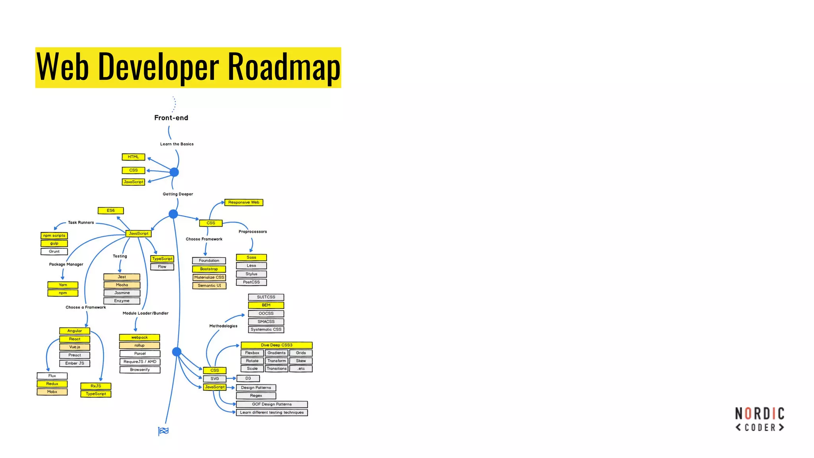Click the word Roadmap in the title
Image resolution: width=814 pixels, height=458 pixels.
[284, 67]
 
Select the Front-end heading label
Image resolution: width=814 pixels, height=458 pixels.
[171, 118]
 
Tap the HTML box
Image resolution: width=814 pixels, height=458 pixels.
[133, 157]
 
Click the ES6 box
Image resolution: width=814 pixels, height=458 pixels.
[110, 210]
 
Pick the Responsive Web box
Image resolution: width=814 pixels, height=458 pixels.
[244, 202]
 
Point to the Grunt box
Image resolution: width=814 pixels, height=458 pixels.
[54, 252]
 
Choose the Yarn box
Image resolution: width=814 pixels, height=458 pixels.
[63, 285]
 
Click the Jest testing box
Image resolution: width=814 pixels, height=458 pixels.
[122, 277]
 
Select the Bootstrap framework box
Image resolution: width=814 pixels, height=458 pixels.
[209, 269]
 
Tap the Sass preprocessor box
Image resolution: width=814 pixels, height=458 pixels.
[251, 258]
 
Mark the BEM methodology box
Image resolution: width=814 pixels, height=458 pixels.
[266, 305]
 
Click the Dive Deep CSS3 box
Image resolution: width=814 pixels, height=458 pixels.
[276, 345]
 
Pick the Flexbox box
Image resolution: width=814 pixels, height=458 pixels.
[252, 353]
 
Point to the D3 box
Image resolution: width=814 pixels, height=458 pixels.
[248, 378]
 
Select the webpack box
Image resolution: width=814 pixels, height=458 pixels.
[140, 338]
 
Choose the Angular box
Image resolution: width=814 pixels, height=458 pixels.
[75, 331]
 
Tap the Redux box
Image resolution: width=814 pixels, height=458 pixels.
[52, 384]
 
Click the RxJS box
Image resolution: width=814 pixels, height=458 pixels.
[96, 386]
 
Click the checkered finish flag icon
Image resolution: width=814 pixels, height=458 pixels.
[163, 431]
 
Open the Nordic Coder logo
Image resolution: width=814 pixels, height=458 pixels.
[760, 419]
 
